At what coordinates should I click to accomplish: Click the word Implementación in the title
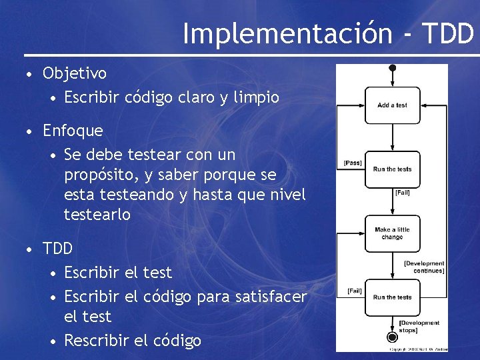[287, 33]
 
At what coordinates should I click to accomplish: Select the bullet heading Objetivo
[75, 73]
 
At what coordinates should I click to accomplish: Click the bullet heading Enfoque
[73, 131]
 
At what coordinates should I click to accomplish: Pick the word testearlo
[97, 215]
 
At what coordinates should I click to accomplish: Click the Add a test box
[392, 105]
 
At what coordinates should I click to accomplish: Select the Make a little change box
[392, 233]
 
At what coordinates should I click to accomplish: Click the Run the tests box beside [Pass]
[392, 169]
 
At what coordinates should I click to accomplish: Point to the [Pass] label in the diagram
[352, 163]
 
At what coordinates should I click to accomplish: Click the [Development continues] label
[424, 267]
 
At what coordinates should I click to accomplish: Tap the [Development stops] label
[419, 327]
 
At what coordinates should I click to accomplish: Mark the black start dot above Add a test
[393, 67]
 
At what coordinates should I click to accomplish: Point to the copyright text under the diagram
[418, 349]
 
